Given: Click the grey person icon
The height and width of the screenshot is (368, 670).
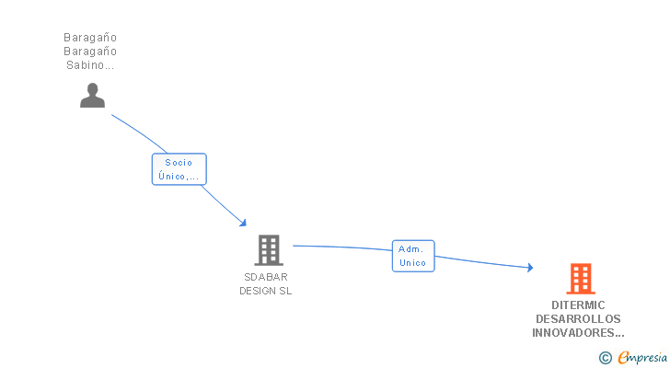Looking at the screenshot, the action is pyautogui.click(x=92, y=95).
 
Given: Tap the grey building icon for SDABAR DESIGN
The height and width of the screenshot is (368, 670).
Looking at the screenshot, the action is pyautogui.click(x=268, y=249).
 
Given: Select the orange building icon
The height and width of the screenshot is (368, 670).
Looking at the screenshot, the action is pyautogui.click(x=580, y=278).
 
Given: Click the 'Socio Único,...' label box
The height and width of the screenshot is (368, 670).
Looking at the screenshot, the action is pyautogui.click(x=179, y=169).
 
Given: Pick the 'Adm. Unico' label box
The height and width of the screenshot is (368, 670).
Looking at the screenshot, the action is pyautogui.click(x=413, y=256).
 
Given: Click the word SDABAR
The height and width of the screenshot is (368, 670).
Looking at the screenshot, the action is pyautogui.click(x=266, y=277).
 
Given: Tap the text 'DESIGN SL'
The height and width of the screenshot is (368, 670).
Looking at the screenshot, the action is pyautogui.click(x=266, y=291).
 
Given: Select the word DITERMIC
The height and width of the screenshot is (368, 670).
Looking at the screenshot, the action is pyautogui.click(x=578, y=305).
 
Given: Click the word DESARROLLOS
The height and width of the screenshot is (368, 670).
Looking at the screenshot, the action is pyautogui.click(x=578, y=319).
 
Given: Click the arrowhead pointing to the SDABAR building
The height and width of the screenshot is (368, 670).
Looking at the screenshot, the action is pyautogui.click(x=243, y=223).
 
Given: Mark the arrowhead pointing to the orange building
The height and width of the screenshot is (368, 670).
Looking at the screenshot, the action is pyautogui.click(x=529, y=268).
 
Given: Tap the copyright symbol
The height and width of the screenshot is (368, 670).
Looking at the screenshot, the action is pyautogui.click(x=606, y=358).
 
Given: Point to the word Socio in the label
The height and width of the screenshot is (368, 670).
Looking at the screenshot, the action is pyautogui.click(x=179, y=163).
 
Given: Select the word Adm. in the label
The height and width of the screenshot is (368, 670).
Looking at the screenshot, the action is pyautogui.click(x=410, y=249).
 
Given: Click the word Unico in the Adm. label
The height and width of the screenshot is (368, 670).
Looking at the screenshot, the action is pyautogui.click(x=413, y=263).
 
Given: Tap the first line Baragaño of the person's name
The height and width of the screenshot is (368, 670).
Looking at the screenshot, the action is pyautogui.click(x=90, y=38).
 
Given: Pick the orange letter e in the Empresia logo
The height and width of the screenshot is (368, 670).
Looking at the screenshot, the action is pyautogui.click(x=623, y=358).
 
